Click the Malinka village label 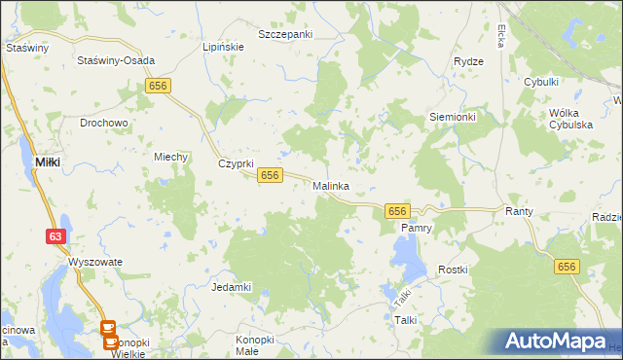coord(331,185)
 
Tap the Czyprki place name coord(236,163)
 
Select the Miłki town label coord(48,162)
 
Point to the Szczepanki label coord(285,34)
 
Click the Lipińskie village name coord(220,46)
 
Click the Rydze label coord(468,61)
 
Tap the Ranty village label coord(516,210)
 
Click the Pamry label coord(416,228)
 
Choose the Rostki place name coord(453,270)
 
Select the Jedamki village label coord(232,287)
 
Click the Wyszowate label coord(94,263)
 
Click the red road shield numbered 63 coord(55,235)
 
